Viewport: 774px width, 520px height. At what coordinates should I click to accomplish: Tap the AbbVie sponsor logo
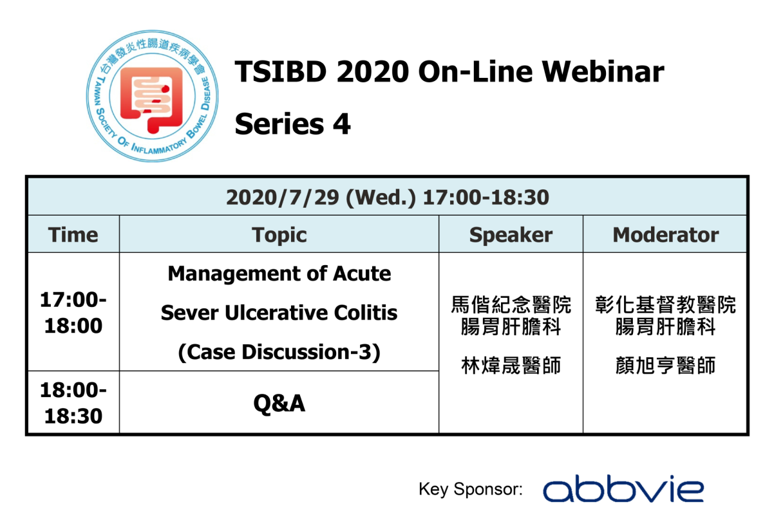(623, 490)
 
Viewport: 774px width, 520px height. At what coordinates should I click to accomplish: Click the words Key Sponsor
(470, 489)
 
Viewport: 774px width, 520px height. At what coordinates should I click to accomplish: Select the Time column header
(73, 235)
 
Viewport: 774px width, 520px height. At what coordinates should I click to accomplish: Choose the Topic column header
(279, 235)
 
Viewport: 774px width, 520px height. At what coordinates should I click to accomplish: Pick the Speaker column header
(511, 235)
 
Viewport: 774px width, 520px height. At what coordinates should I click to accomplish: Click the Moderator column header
(665, 235)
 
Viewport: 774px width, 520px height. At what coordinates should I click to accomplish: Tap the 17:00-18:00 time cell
(73, 313)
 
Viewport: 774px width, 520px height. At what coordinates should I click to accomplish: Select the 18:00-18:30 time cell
(73, 403)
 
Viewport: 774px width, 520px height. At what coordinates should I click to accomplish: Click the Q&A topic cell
(279, 403)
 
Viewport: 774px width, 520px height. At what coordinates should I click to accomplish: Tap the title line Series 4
(292, 124)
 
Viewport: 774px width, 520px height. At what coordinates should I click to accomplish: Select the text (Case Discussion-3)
(279, 352)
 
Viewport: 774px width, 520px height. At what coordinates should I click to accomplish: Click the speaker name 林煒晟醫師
(511, 366)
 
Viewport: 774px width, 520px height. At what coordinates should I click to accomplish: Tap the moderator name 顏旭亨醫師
(665, 366)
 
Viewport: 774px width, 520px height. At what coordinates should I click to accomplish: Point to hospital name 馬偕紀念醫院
(511, 304)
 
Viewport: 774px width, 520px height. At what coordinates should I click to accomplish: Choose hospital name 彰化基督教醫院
(665, 304)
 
